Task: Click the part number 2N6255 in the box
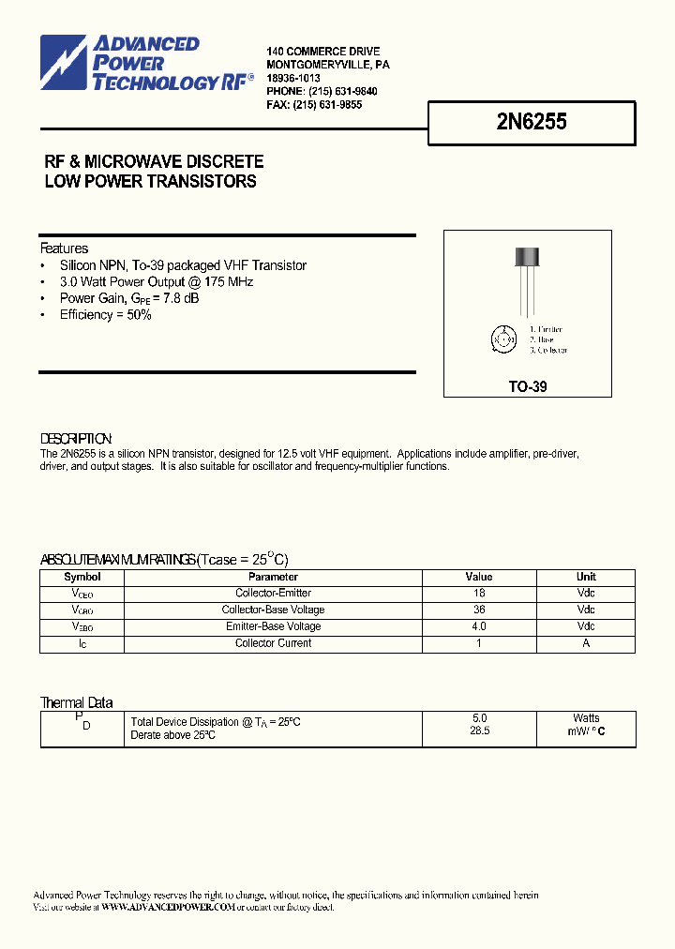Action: pyautogui.click(x=532, y=122)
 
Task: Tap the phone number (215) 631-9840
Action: pyautogui.click(x=336, y=91)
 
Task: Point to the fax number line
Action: pyautogui.click(x=314, y=105)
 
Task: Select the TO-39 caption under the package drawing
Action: pyautogui.click(x=527, y=386)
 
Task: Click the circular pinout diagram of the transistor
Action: pyautogui.click(x=502, y=339)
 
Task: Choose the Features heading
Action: pyautogui.click(x=64, y=249)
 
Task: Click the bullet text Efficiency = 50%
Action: pyautogui.click(x=105, y=315)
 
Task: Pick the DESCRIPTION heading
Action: pyautogui.click(x=76, y=439)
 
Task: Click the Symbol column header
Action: pyautogui.click(x=82, y=577)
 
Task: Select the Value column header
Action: pyautogui.click(x=478, y=577)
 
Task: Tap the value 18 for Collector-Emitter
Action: pyautogui.click(x=478, y=593)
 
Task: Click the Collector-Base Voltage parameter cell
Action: pyautogui.click(x=273, y=610)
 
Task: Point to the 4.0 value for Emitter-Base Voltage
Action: pyautogui.click(x=478, y=626)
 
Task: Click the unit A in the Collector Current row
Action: pyautogui.click(x=586, y=643)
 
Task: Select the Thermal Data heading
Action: pyautogui.click(x=76, y=702)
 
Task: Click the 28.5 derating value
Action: pyautogui.click(x=479, y=731)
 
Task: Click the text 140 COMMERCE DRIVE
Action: pyautogui.click(x=322, y=51)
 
